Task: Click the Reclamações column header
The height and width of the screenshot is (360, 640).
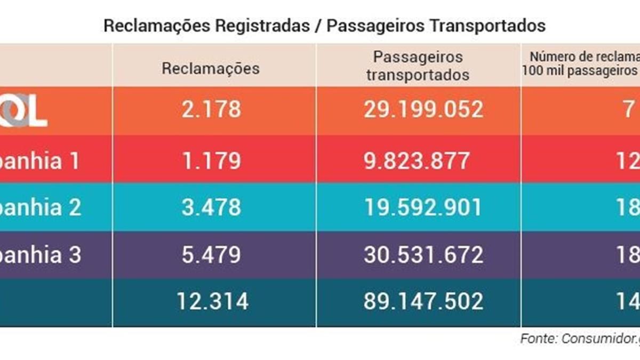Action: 211,68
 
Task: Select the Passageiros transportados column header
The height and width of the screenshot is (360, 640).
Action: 418,66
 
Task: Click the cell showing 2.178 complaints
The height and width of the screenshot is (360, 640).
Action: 211,110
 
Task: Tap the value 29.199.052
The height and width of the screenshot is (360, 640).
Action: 423,110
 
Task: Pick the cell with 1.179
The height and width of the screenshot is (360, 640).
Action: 211,159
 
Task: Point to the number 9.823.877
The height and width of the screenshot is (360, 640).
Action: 418,159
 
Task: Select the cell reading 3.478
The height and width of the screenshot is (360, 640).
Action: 211,207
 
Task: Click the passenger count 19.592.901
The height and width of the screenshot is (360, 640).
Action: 423,207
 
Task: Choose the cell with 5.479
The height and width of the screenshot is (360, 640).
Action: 211,255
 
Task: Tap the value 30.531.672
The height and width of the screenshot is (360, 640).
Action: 423,255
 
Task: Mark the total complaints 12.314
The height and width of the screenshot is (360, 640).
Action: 213,302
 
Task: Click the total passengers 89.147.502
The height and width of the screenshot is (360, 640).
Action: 423,302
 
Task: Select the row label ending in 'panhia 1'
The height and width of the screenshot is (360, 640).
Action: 40,160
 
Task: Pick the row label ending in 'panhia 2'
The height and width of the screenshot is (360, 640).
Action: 40,207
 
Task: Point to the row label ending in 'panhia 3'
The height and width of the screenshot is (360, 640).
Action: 40,255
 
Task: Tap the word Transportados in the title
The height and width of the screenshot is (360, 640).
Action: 480,26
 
